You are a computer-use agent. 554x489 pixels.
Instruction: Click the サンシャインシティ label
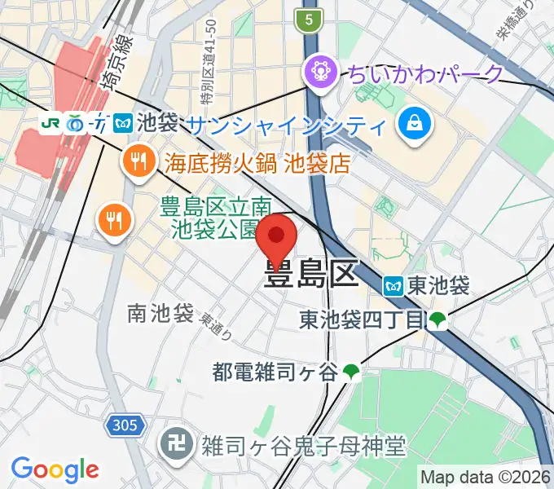[x=285, y=126]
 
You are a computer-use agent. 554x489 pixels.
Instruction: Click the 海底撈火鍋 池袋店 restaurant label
[x=257, y=163]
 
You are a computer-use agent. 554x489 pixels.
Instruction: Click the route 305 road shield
[x=125, y=425]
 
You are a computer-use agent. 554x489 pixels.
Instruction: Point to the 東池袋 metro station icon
[x=394, y=286]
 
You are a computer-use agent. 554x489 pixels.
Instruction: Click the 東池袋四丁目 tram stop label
[x=362, y=319]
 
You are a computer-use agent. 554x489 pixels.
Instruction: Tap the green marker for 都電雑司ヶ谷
[x=351, y=372]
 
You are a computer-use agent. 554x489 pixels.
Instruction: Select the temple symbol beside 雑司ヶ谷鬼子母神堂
[x=173, y=447]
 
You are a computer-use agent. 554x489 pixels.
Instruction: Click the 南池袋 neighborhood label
[x=160, y=313]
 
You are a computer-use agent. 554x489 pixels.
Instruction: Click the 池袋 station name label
[x=157, y=124]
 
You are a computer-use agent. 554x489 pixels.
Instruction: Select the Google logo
[x=55, y=469]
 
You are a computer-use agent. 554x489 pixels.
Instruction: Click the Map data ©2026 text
[x=485, y=476]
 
